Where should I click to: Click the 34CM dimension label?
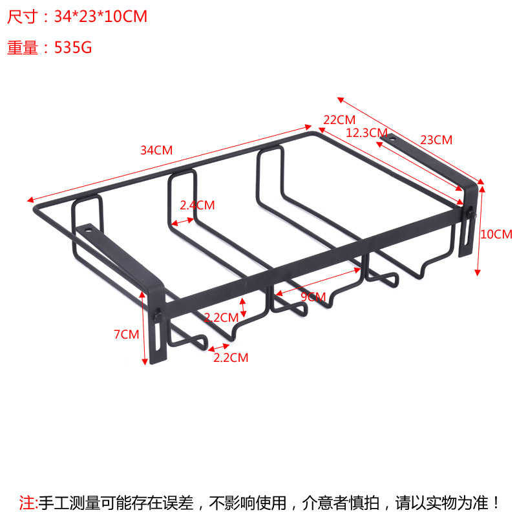(156, 151)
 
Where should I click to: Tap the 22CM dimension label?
(339, 120)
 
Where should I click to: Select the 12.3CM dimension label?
(366, 133)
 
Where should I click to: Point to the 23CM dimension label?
(436, 140)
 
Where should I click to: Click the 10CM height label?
(497, 234)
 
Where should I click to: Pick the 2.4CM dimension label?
(197, 206)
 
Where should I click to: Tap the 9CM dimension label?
(313, 297)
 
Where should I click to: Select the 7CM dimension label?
(126, 334)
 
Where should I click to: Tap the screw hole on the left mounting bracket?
(89, 228)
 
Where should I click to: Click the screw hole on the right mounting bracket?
(390, 137)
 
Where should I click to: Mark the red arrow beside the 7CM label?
(144, 328)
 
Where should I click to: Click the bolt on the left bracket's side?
(156, 316)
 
